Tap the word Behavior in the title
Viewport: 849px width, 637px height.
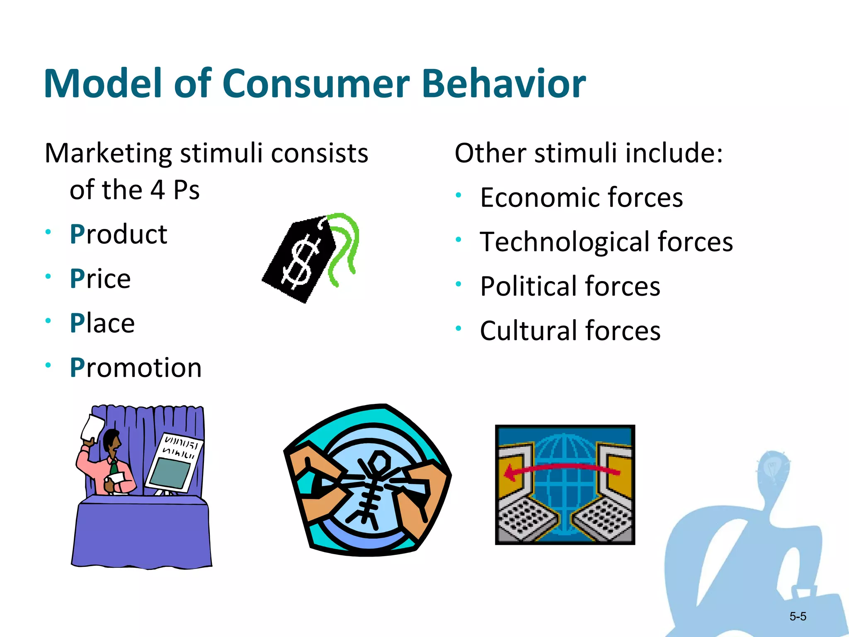tap(504, 84)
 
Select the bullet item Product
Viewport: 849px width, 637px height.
tap(119, 234)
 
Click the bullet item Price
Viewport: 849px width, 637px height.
tap(100, 279)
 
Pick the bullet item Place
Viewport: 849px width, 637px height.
tap(102, 323)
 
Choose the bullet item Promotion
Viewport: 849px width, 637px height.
tap(136, 368)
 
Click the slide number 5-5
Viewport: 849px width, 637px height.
tap(798, 617)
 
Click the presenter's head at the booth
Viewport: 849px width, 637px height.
tap(111, 440)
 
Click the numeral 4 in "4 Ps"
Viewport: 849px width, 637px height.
tap(158, 190)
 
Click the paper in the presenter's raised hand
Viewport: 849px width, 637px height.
tap(93, 427)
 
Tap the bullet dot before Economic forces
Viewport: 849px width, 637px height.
tap(458, 195)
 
